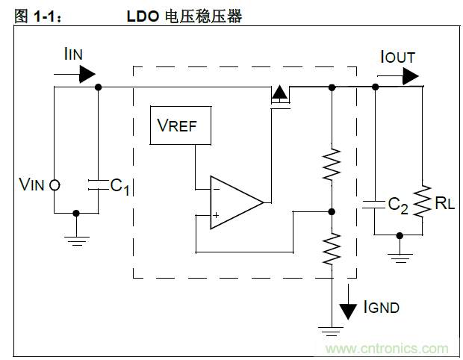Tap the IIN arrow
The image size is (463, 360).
[x=87, y=72]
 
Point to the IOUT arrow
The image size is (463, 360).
[x=410, y=74]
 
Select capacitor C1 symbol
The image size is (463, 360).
[x=98, y=184]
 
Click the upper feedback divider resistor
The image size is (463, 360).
[x=332, y=165]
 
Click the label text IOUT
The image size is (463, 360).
[x=397, y=57]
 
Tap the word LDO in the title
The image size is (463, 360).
[x=142, y=16]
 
